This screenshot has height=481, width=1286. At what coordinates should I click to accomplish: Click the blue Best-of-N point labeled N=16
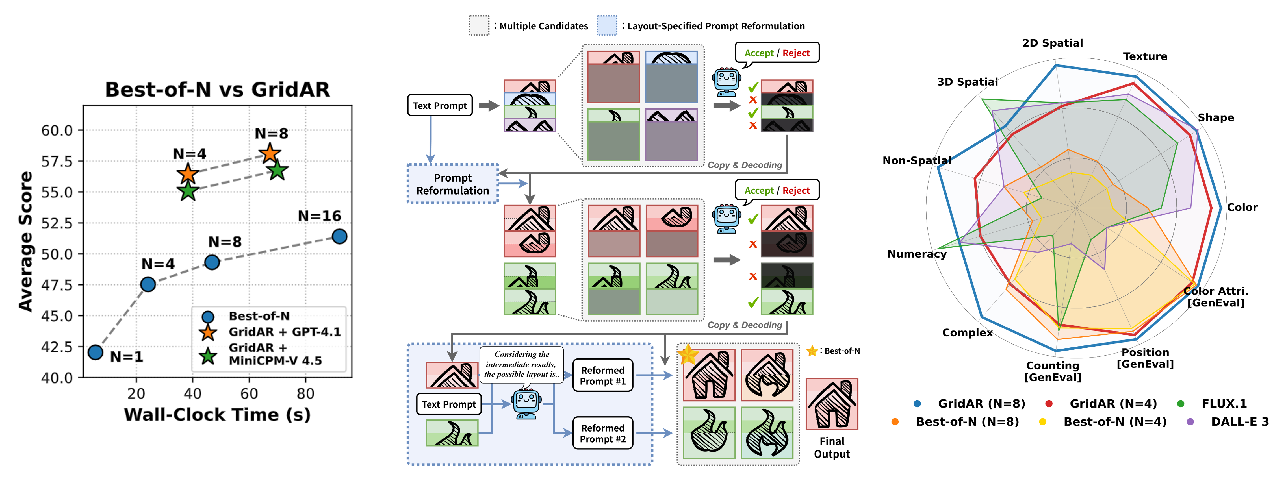click(x=339, y=236)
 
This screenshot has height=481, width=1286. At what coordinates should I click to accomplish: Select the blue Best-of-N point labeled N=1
click(x=95, y=352)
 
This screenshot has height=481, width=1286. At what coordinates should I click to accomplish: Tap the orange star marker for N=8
click(x=270, y=153)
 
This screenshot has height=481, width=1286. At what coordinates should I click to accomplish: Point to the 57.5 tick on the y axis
click(x=57, y=161)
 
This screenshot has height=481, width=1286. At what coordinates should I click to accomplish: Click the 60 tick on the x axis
click(x=249, y=394)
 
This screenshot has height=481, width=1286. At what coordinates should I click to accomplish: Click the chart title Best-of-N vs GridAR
click(x=217, y=90)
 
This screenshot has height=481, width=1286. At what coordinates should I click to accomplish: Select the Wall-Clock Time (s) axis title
click(x=217, y=415)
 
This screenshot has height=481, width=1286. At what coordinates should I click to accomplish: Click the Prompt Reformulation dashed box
click(x=453, y=184)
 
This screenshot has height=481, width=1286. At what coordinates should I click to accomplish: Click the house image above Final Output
click(x=832, y=404)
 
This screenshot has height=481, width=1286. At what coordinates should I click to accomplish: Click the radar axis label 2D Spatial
click(x=1052, y=43)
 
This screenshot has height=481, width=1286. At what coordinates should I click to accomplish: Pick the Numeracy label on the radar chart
click(x=917, y=254)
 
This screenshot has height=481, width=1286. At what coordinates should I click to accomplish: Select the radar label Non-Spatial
click(x=917, y=161)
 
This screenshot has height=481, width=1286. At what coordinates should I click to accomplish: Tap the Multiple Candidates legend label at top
click(x=544, y=26)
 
